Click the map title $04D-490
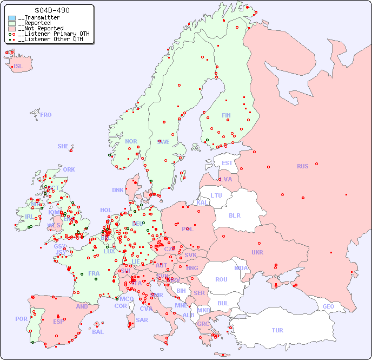pos(51,10)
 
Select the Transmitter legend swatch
pos(12,18)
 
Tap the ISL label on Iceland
pos(18,67)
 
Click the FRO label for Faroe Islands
pos(46,115)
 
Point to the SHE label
pos(63,146)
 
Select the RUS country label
pos(302,166)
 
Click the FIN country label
pos(226,115)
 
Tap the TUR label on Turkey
pos(277,330)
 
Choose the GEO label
pos(328,306)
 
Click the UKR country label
pos(257,252)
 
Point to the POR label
pos(21,319)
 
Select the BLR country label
pos(234,215)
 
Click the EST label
pos(227,163)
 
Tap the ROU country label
pos(221,279)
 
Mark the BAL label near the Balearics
pos(98,332)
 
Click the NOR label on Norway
pos(131,141)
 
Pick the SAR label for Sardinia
pos(142,320)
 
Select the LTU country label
pos(216,195)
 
